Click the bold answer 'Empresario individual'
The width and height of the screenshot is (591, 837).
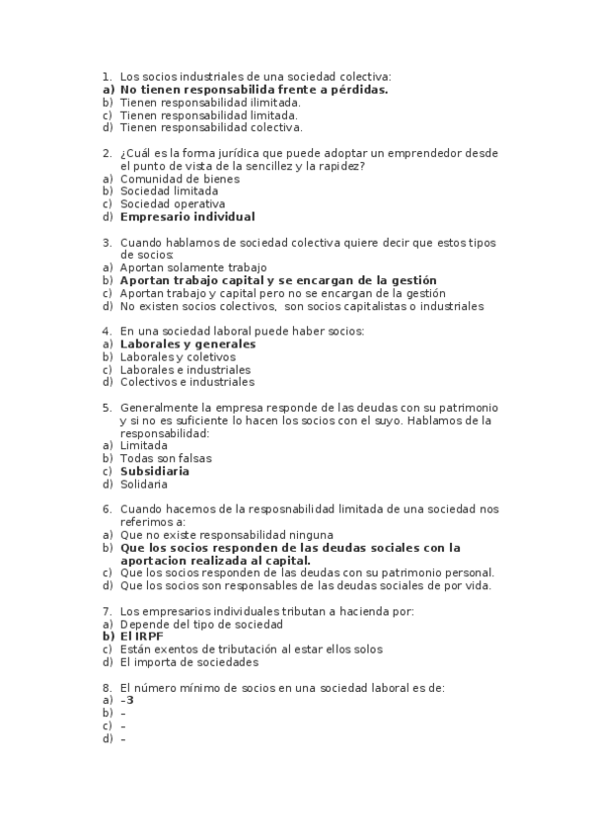click(x=186, y=217)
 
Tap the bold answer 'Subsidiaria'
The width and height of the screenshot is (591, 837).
click(x=155, y=472)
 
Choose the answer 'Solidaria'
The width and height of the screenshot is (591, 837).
click(x=144, y=485)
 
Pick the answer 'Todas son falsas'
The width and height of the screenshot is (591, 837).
click(x=166, y=459)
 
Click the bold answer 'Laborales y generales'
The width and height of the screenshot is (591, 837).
click(x=187, y=344)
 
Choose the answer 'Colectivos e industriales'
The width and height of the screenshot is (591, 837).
click(x=186, y=382)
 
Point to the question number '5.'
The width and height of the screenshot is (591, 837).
click(x=107, y=408)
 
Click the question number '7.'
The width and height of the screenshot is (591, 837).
click(x=107, y=612)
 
